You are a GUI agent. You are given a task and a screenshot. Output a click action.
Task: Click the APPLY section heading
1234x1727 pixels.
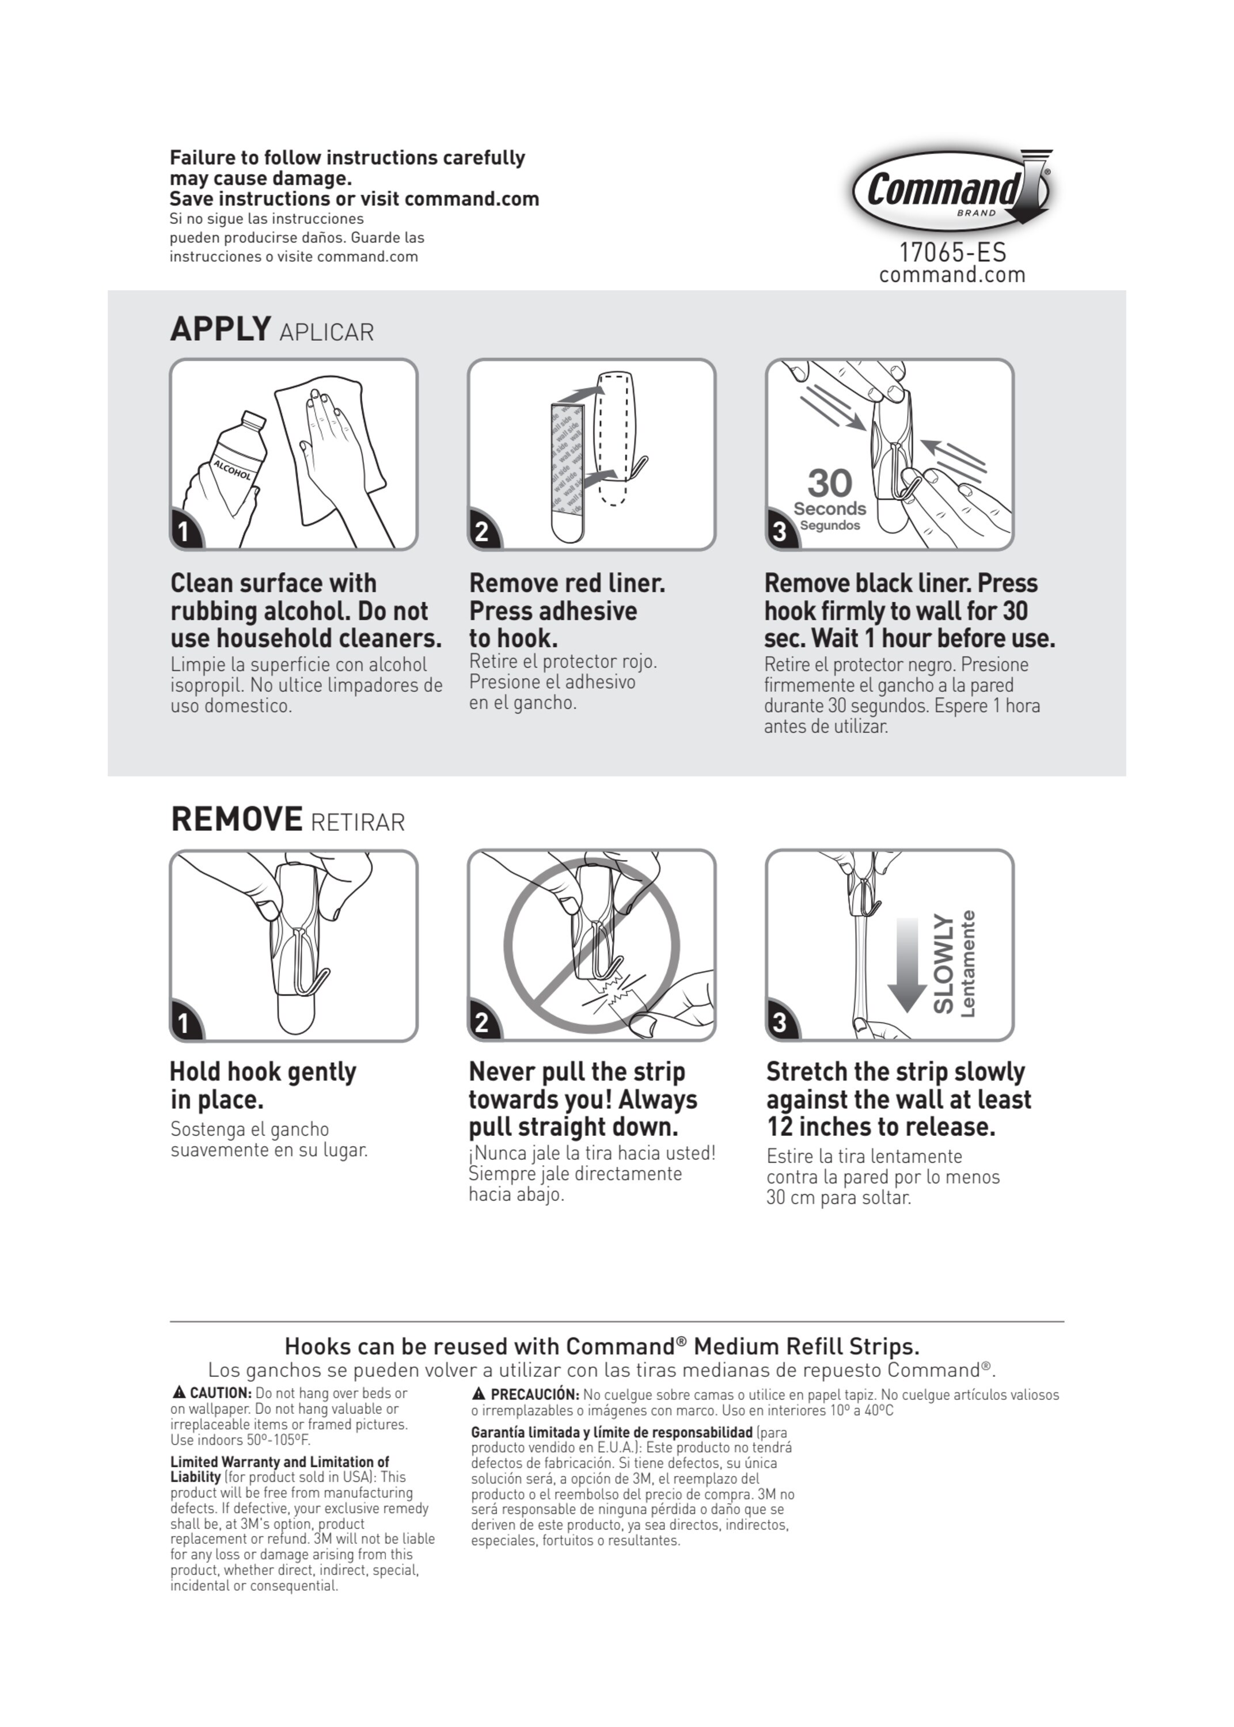(221, 329)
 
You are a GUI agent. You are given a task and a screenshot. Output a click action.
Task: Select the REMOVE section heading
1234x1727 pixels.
(236, 819)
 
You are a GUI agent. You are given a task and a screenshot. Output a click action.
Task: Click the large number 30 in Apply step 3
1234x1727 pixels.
(829, 483)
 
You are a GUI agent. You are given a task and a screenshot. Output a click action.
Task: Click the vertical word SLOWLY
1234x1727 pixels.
(943, 964)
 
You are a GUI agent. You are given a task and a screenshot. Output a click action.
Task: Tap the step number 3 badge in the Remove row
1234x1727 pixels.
(780, 1022)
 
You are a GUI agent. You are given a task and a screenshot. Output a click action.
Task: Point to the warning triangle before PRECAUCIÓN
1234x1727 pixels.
(479, 1394)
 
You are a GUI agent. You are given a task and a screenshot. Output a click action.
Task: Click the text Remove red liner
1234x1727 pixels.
(567, 583)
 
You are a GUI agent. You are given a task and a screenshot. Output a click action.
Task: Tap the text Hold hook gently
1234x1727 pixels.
(263, 1071)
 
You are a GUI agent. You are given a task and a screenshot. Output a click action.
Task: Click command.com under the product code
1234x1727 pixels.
(952, 275)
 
